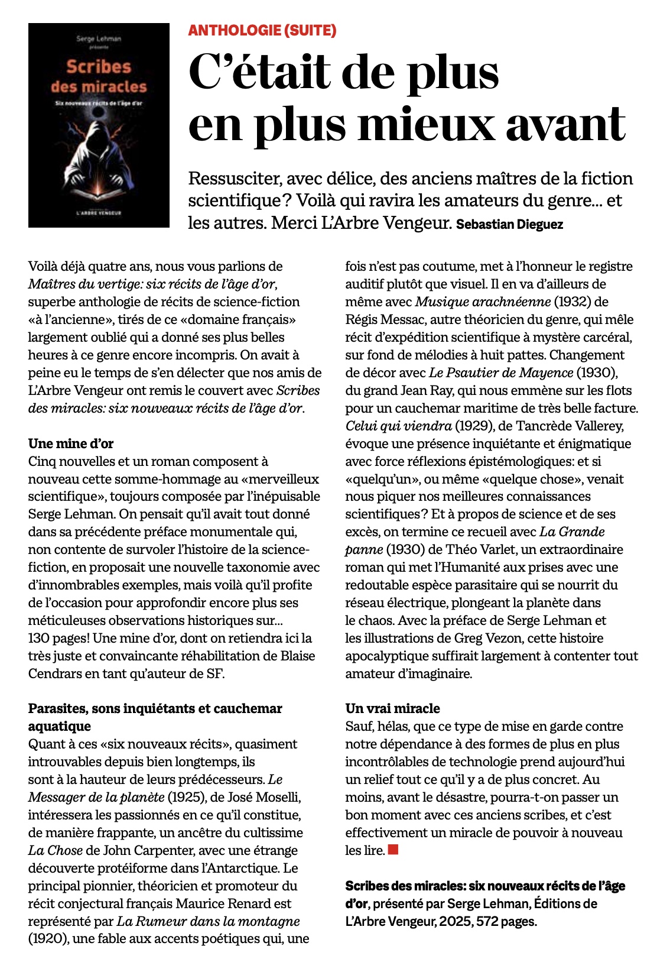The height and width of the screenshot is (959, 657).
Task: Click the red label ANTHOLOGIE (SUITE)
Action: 262,30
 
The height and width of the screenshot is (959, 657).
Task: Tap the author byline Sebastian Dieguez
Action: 509,225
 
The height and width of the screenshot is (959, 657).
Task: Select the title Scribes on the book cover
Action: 99,66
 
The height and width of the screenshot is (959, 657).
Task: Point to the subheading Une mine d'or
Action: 71,443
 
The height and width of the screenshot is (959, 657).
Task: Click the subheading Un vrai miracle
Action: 392,708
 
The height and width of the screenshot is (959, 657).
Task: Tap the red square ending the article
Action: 393,850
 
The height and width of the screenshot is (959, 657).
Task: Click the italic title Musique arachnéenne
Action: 483,302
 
